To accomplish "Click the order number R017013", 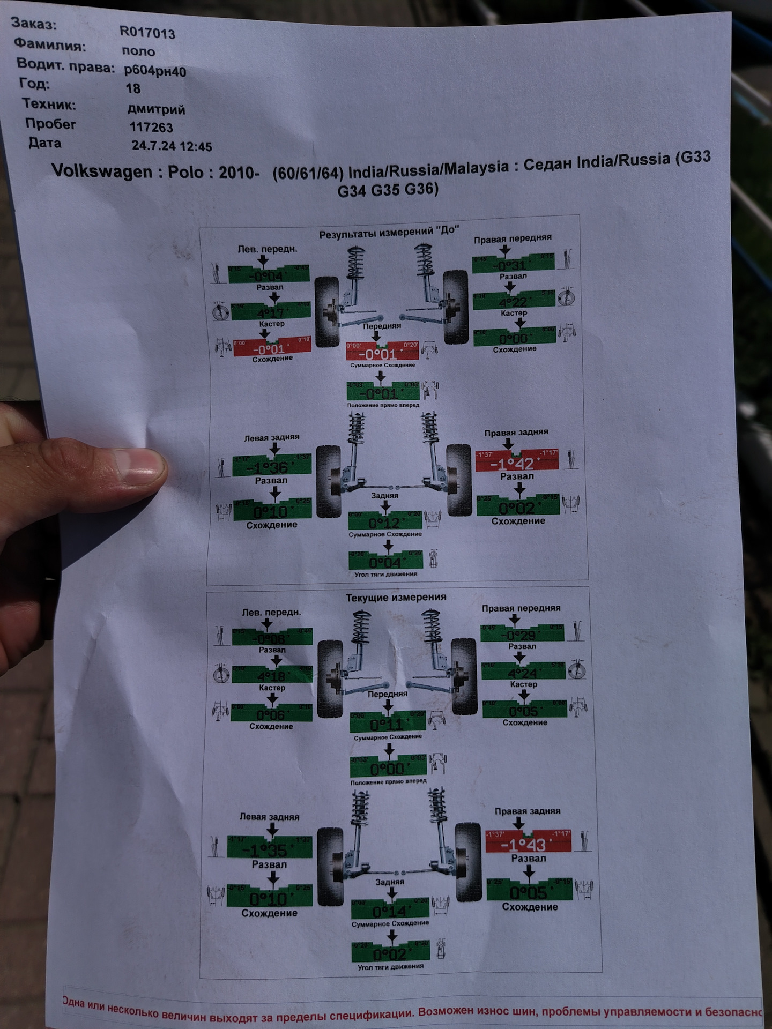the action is [147, 33].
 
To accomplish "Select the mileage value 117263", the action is [151, 128].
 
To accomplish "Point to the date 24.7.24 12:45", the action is [172, 146].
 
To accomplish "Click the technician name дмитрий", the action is [156, 109].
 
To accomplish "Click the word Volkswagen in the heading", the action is [102, 171].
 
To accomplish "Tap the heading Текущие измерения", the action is [396, 597].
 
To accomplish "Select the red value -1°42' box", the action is [517, 461].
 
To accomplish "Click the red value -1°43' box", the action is [528, 843].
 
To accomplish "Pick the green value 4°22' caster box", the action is [513, 301].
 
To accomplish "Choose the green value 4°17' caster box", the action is [271, 311].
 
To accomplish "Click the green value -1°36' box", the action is [271, 465].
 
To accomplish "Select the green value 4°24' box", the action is [523, 672].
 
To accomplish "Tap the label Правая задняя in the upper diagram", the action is [516, 433].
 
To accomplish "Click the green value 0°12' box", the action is [385, 521].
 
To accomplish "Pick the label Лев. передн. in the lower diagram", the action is [271, 612].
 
